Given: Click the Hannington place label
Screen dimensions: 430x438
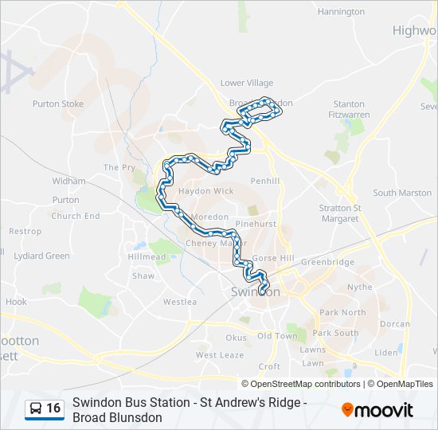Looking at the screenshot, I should (x=341, y=12).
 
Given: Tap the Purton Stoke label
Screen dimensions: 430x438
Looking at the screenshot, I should (x=58, y=104).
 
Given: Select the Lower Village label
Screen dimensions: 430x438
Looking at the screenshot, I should (x=246, y=83).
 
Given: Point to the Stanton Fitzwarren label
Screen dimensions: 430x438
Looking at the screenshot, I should (x=349, y=109).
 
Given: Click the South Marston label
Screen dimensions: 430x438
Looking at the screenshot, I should (x=402, y=193).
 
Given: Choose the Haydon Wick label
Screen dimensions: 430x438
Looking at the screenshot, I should (x=206, y=191).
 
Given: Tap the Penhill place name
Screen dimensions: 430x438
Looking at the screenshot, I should (x=264, y=181).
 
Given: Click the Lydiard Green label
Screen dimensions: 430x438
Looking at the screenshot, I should (x=41, y=256).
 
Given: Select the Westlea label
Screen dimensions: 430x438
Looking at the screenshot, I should (x=179, y=302).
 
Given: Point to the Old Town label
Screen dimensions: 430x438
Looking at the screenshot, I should (x=276, y=336).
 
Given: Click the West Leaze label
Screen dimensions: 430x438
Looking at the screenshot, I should (x=220, y=355).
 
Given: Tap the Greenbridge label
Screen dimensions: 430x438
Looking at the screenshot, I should (x=327, y=261).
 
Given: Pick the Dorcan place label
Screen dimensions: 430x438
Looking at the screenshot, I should (x=395, y=324).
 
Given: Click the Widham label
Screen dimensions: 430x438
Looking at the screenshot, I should (x=68, y=181).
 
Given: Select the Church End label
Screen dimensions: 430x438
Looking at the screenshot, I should (x=76, y=216).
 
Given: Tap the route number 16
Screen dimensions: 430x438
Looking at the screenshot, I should (x=53, y=408).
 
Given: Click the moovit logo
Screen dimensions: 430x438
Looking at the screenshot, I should (x=377, y=410).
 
